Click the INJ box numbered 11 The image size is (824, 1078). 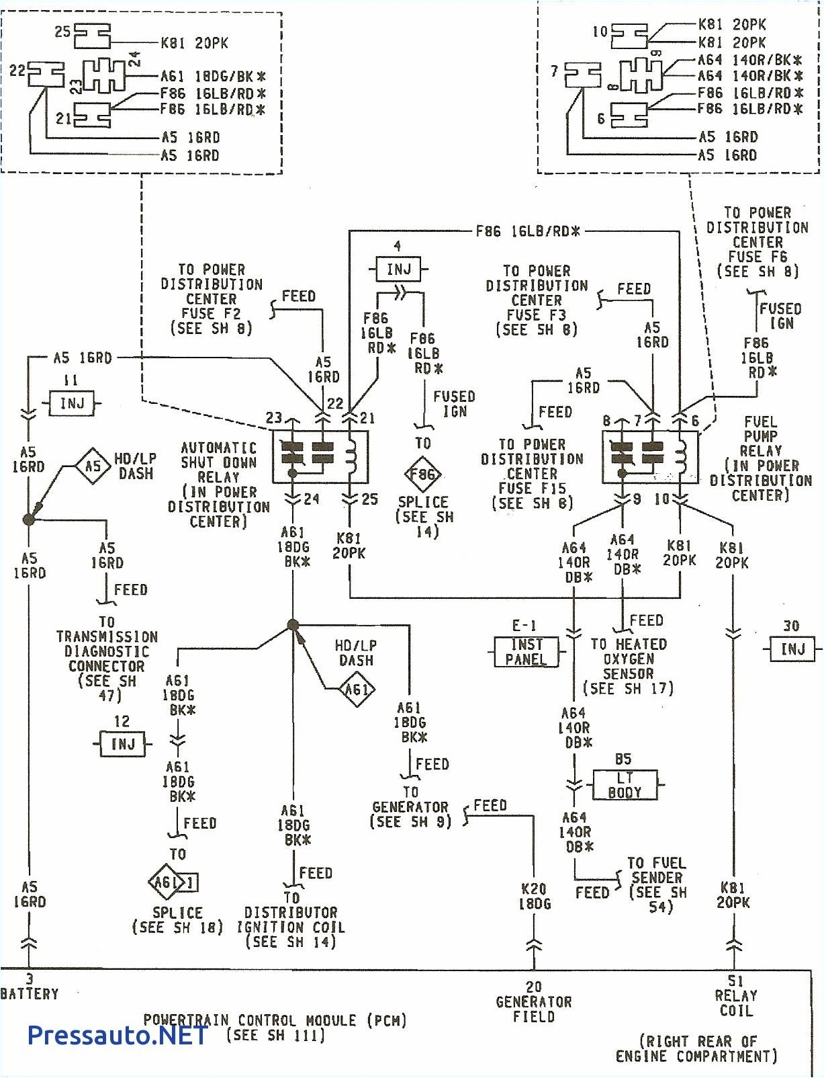pyautogui.click(x=72, y=404)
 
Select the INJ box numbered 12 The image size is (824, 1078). pyautogui.click(x=122, y=744)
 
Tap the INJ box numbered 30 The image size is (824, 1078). pyautogui.click(x=792, y=649)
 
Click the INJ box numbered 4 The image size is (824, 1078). pyautogui.click(x=398, y=269)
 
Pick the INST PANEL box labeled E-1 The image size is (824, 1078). pyautogui.click(x=526, y=652)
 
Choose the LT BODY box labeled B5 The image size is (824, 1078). pyautogui.click(x=625, y=785)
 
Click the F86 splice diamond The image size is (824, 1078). pyautogui.click(x=422, y=474)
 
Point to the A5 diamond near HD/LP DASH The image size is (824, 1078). pyautogui.click(x=93, y=466)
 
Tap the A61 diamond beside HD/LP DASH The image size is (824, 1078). pyautogui.click(x=356, y=689)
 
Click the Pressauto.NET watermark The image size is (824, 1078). pyautogui.click(x=118, y=1035)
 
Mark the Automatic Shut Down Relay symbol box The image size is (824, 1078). pyautogui.click(x=320, y=456)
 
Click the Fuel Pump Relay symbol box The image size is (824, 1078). pyautogui.click(x=649, y=456)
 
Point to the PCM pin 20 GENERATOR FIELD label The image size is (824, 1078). pyautogui.click(x=534, y=1001)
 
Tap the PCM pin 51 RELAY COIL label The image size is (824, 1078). pyautogui.click(x=735, y=996)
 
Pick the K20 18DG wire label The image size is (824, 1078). pyautogui.click(x=535, y=897)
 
